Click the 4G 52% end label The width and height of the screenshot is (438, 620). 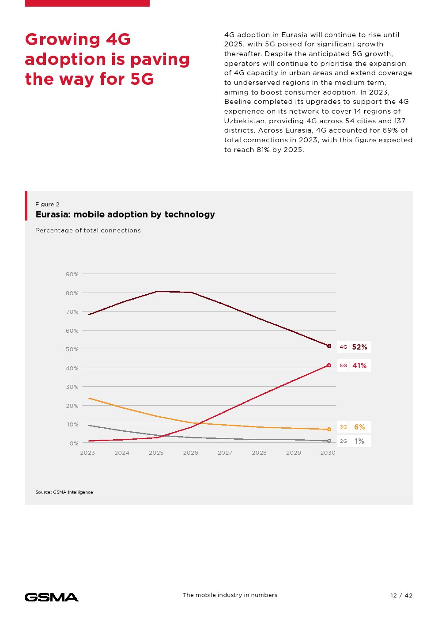tap(354, 347)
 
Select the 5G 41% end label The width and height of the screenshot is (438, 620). tap(354, 365)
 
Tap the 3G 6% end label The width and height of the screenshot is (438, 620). tap(354, 427)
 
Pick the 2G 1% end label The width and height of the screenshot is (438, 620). tap(354, 441)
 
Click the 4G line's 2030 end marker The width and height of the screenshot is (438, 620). tap(329, 346)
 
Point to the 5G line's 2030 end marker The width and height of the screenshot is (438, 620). tap(329, 365)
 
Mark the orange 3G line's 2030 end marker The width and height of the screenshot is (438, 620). tap(329, 429)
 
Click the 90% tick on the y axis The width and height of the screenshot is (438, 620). tap(72, 274)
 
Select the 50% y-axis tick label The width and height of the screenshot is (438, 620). tap(72, 349)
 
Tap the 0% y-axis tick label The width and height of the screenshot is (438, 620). tap(74, 443)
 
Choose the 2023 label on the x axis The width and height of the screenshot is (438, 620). tap(87, 453)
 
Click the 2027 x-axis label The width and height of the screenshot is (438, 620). tap(225, 453)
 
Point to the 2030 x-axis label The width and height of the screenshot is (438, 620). tap(328, 453)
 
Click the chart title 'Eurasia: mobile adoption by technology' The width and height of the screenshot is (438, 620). tap(125, 214)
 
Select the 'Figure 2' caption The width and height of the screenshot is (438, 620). tap(47, 204)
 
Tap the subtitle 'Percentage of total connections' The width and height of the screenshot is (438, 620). tap(88, 230)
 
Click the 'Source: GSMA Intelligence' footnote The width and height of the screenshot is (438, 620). tap(64, 492)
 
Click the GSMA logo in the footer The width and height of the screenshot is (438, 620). tap(52, 597)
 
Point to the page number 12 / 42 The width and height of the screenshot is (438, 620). tap(401, 595)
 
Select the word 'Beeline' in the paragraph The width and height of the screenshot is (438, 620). tap(237, 102)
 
